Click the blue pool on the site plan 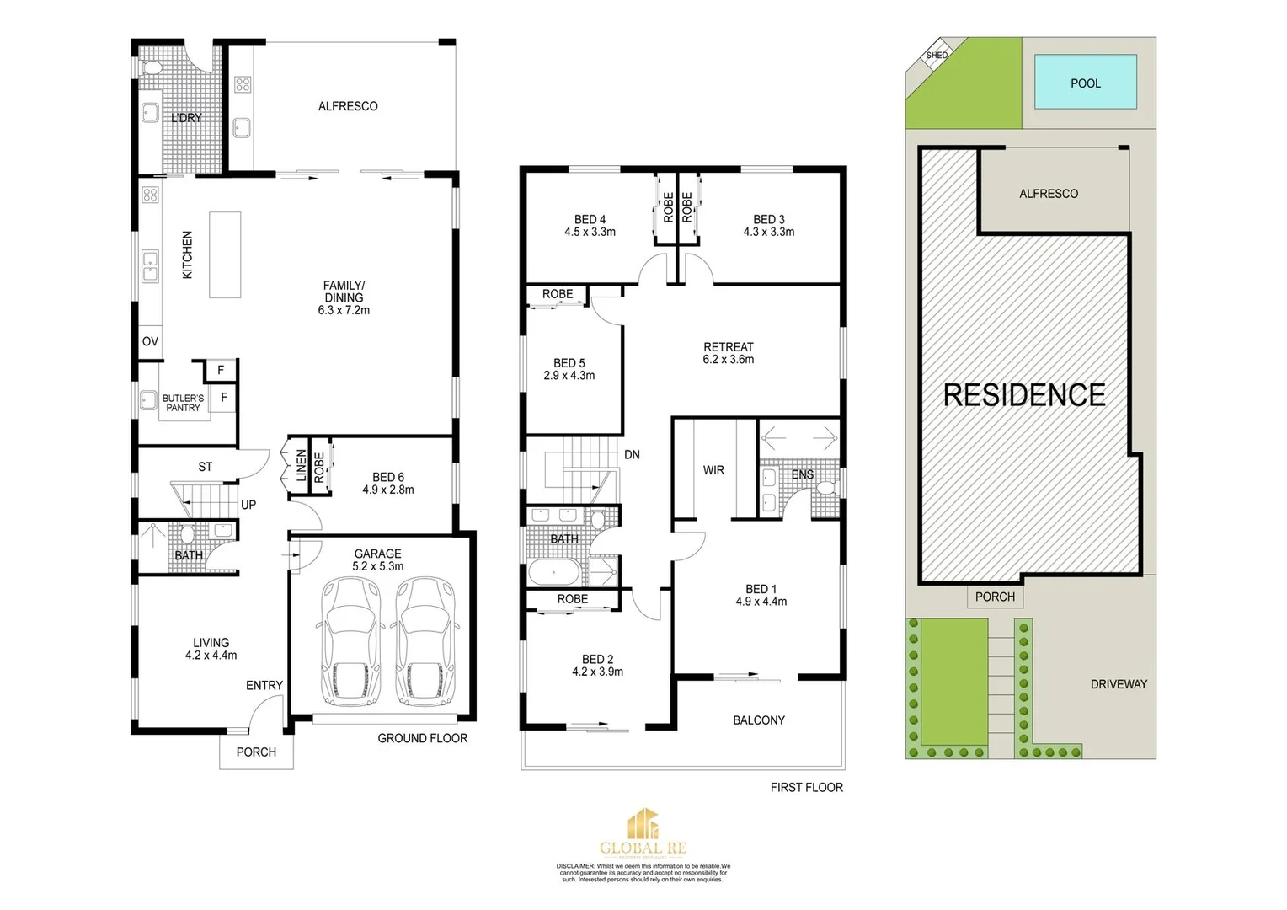(1085, 83)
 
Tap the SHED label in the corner (937, 56)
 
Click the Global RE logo (643, 832)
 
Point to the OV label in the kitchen (150, 341)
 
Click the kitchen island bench (225, 254)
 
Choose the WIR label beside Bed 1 (713, 470)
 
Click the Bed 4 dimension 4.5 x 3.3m (590, 232)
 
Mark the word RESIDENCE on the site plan (1024, 394)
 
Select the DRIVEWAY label (1119, 684)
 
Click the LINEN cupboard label (301, 466)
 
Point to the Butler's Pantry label (183, 403)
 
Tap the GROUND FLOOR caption (422, 738)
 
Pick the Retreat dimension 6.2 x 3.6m (729, 359)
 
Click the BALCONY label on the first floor (758, 720)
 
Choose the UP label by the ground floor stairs (248, 505)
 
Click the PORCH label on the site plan (995, 597)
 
